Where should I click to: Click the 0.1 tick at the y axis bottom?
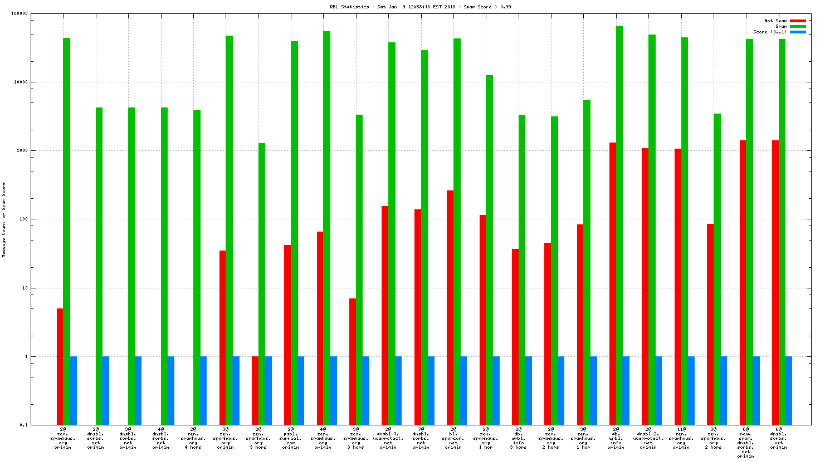[x=23, y=425]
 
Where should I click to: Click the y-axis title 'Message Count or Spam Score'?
[x=4, y=219]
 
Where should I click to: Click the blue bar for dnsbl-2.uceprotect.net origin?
[x=658, y=390]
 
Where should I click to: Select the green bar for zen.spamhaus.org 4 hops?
[x=197, y=267]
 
